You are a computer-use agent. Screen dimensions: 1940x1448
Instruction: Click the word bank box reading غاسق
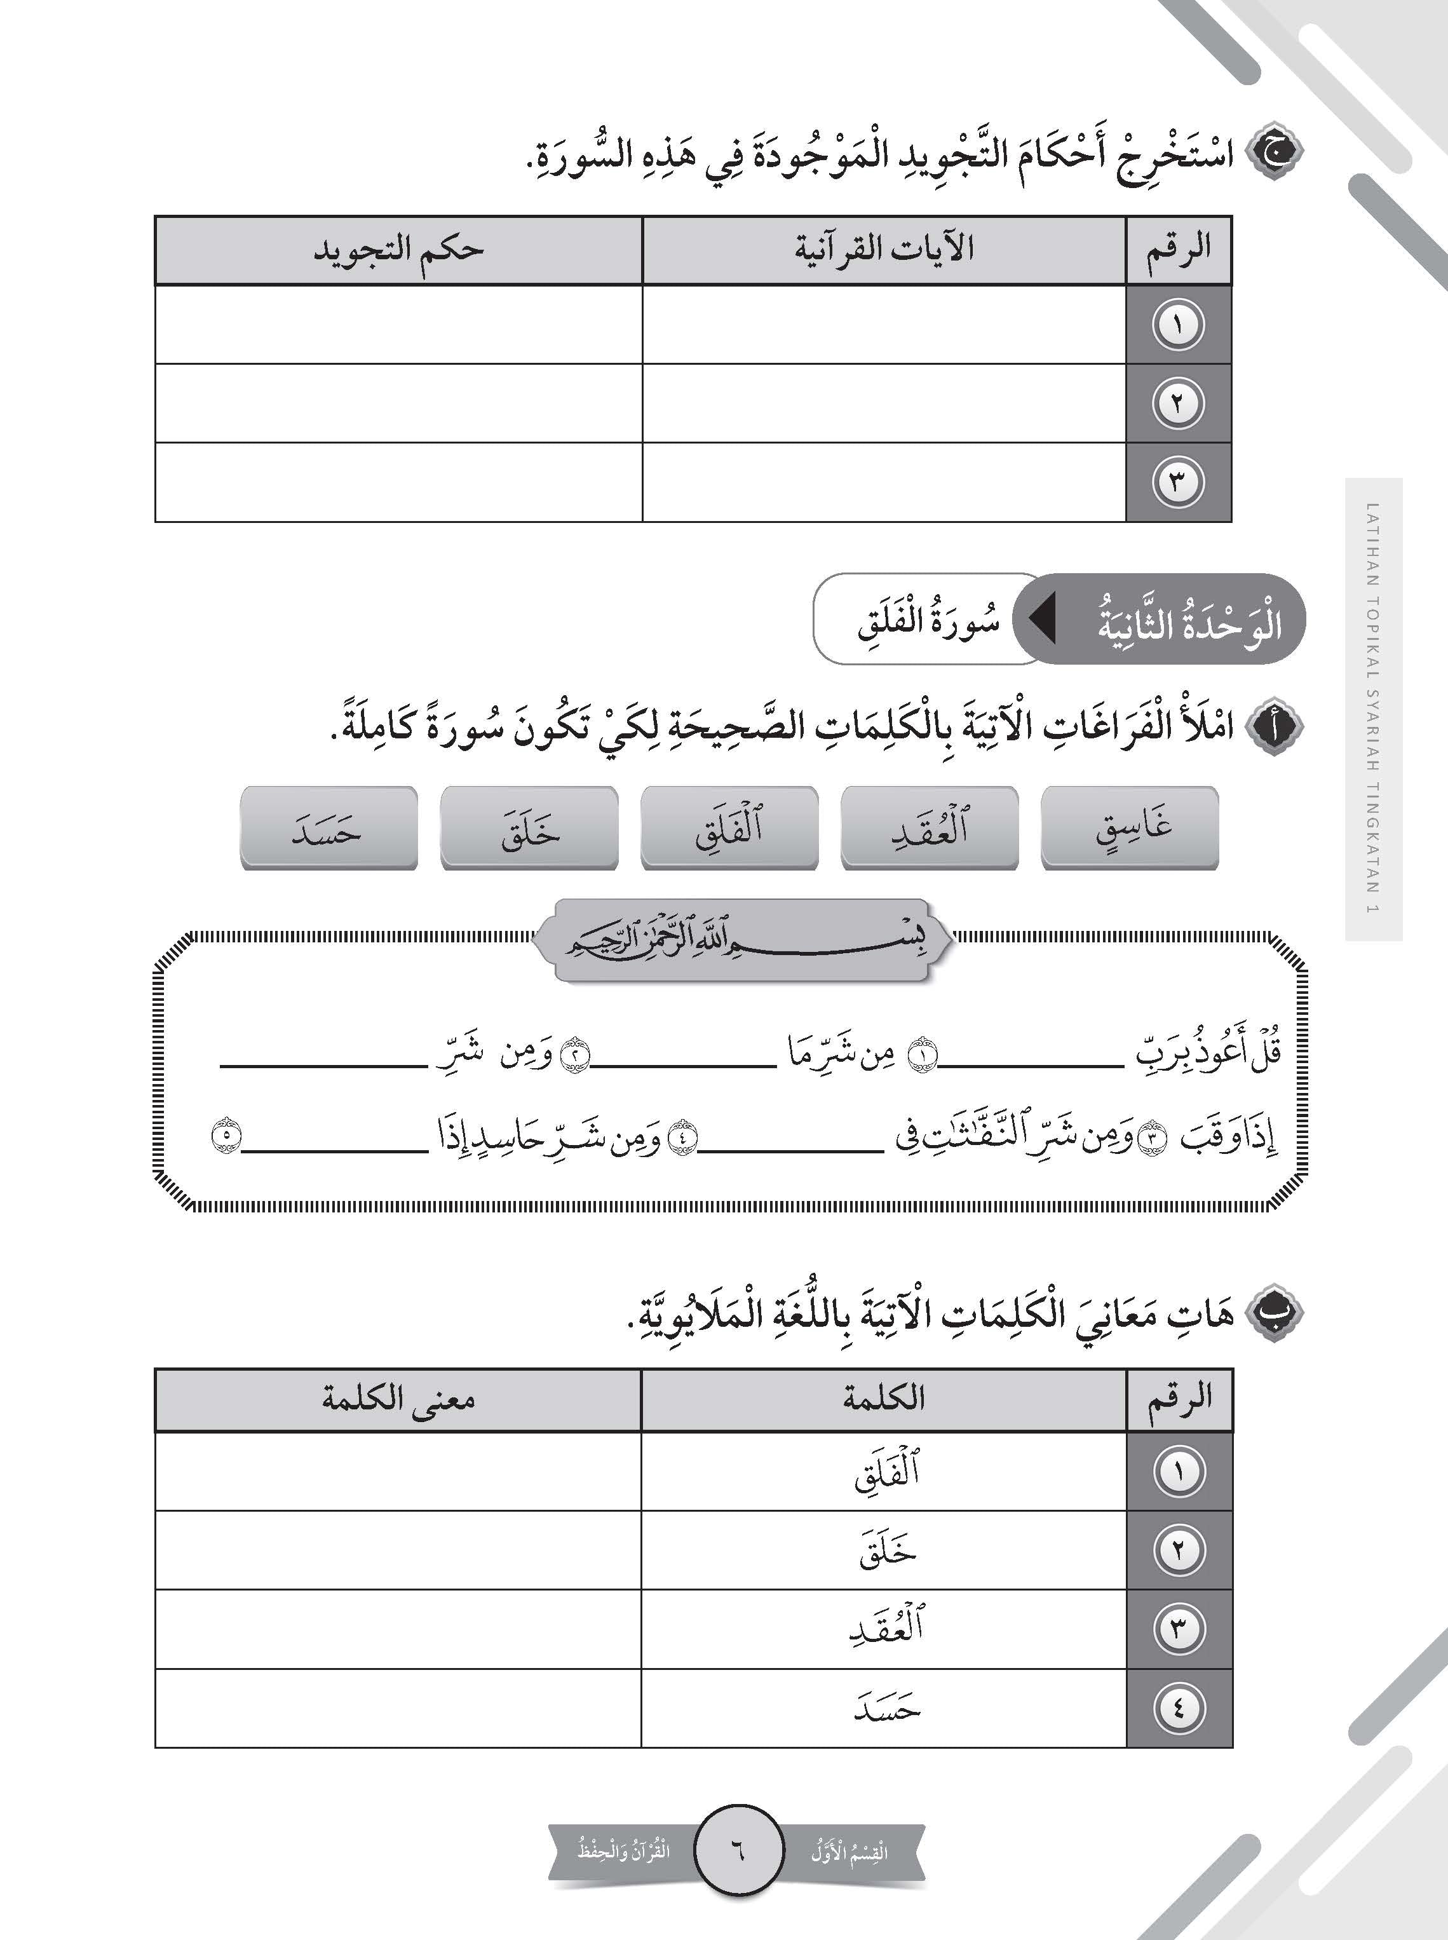(1129, 827)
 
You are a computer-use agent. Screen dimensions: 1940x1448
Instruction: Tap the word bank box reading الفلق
(729, 827)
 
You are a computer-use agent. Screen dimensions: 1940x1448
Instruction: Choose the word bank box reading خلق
(529, 827)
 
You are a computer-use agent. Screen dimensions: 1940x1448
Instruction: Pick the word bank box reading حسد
(328, 827)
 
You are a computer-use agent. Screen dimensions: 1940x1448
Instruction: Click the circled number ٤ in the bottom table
(1178, 1707)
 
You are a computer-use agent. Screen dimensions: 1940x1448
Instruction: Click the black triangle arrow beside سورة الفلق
(1041, 620)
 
